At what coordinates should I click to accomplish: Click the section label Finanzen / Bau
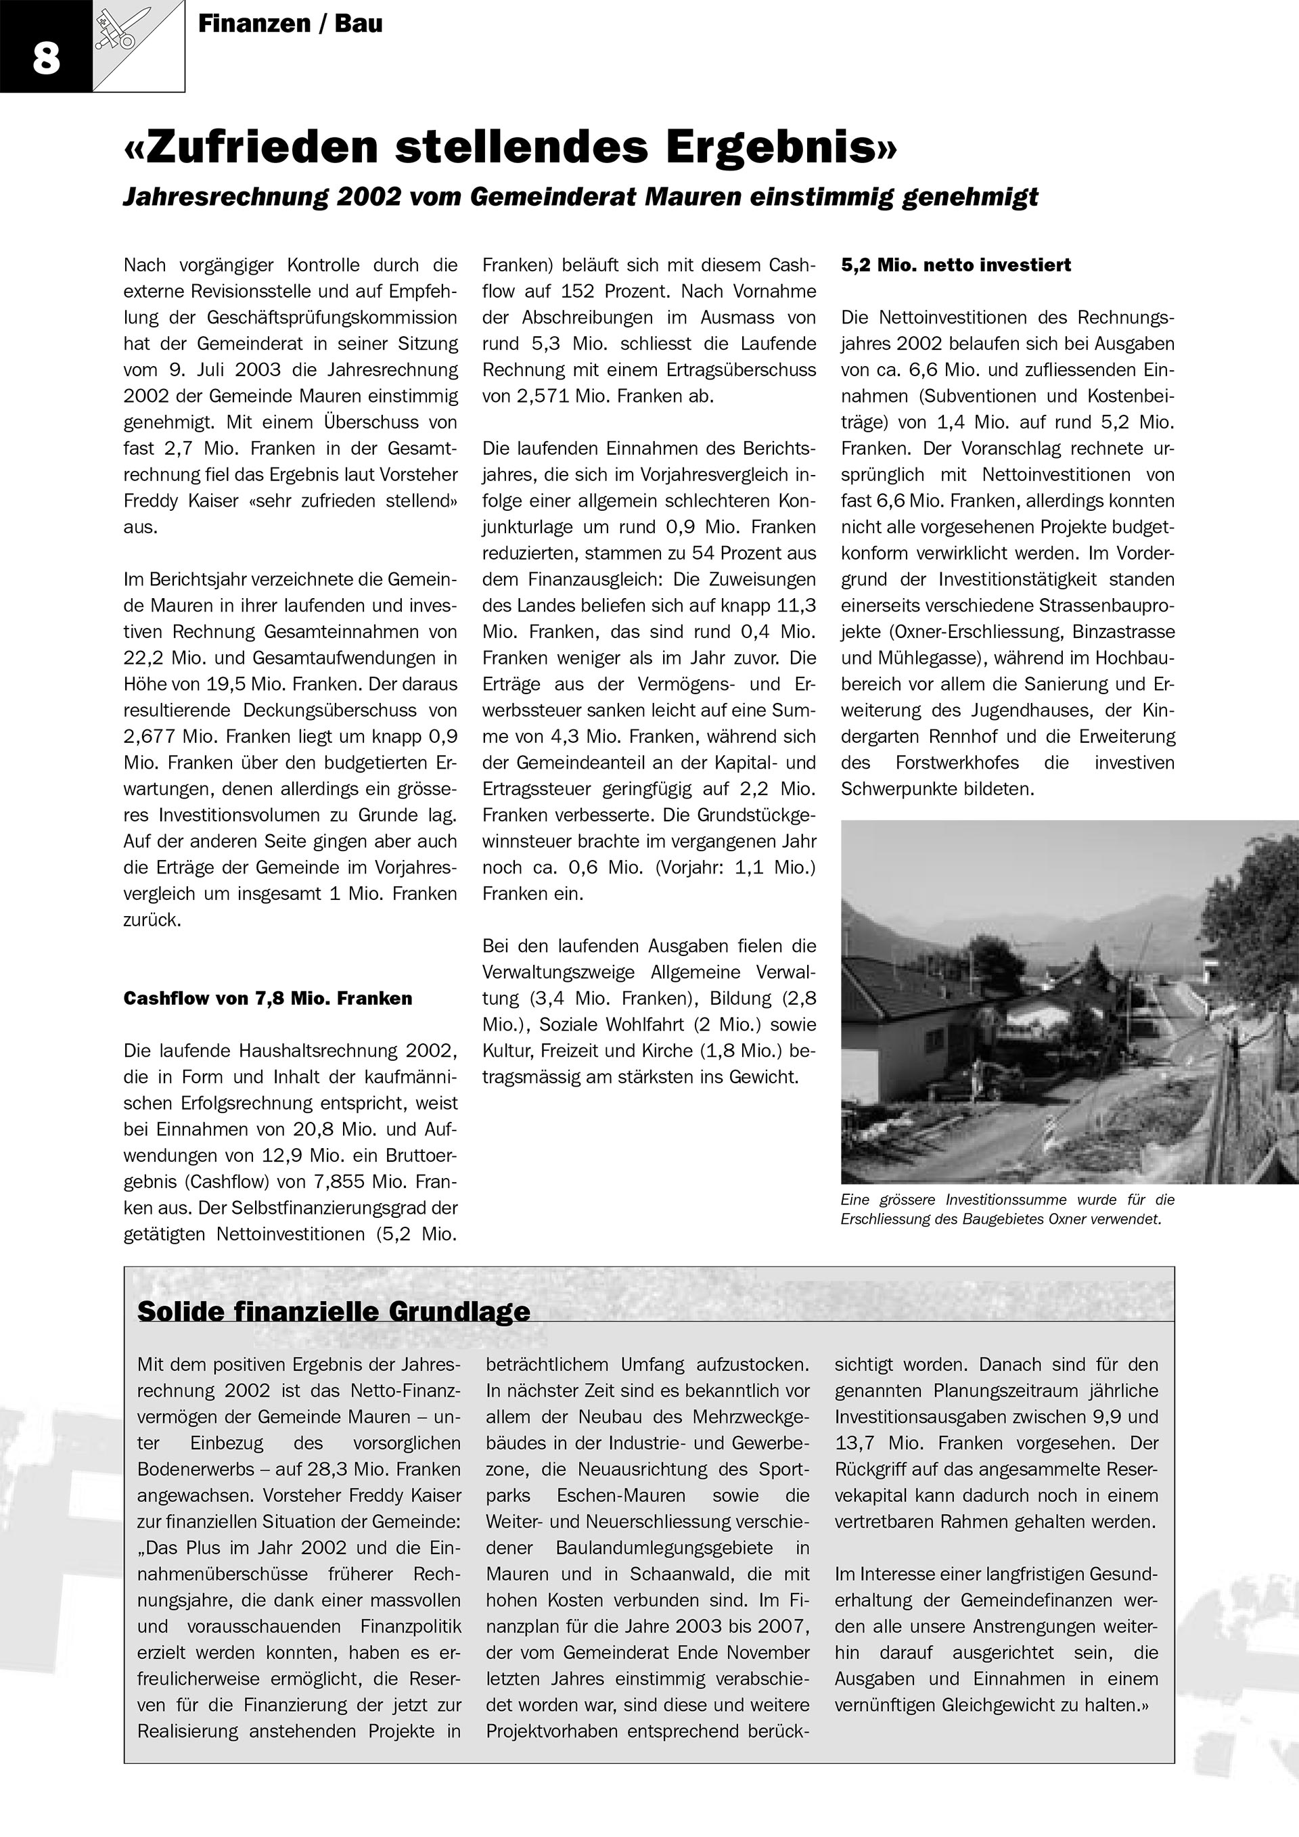pos(290,24)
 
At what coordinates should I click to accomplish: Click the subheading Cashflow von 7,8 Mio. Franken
pos(268,998)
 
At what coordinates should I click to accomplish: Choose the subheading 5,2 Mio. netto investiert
pos(955,265)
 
